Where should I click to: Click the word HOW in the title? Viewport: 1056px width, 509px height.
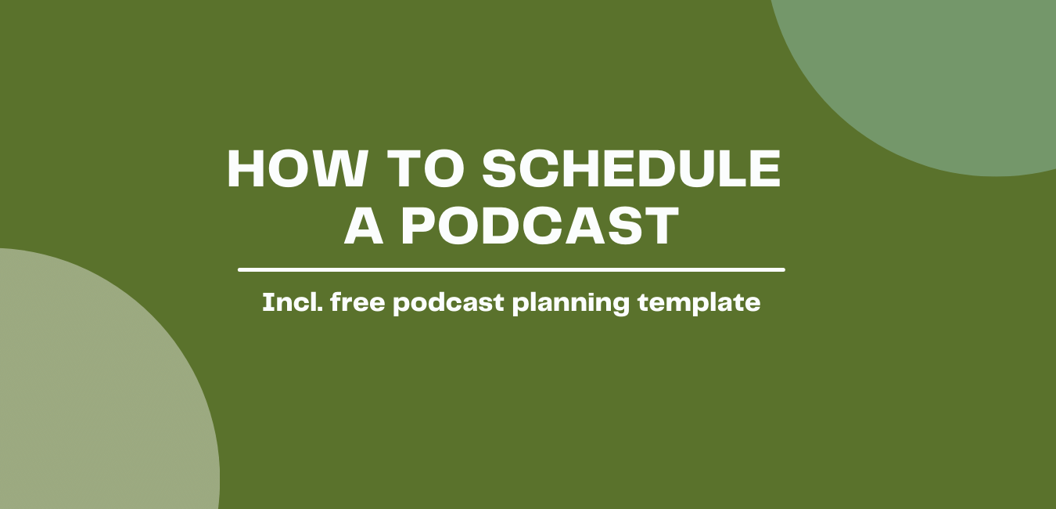click(297, 169)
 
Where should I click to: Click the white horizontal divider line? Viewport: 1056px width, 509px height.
click(512, 270)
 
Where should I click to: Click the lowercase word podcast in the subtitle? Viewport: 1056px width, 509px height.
click(448, 303)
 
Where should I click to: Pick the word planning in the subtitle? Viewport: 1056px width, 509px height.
click(571, 303)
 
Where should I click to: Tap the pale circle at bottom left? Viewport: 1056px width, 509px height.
click(95, 387)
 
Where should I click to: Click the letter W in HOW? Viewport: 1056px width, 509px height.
click(339, 169)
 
